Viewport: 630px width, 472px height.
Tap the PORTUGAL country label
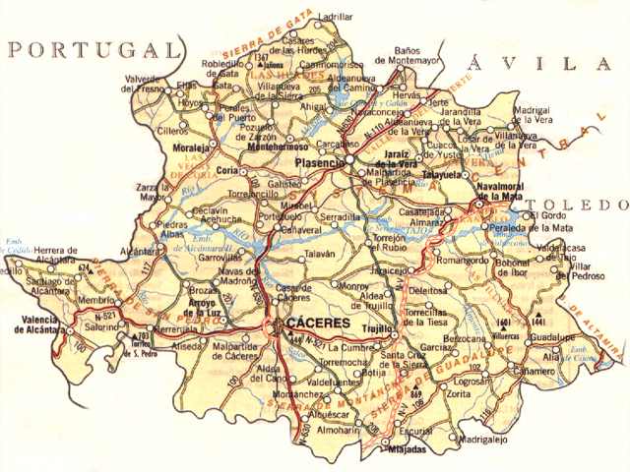pyautogui.click(x=94, y=50)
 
